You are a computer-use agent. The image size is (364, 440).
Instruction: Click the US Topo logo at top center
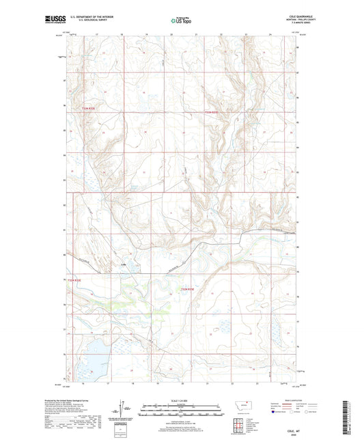180,21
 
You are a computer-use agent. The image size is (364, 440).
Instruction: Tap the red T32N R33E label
214,112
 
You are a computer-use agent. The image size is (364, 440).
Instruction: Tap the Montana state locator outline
242,404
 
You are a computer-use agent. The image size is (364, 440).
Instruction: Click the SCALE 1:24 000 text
180,400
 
